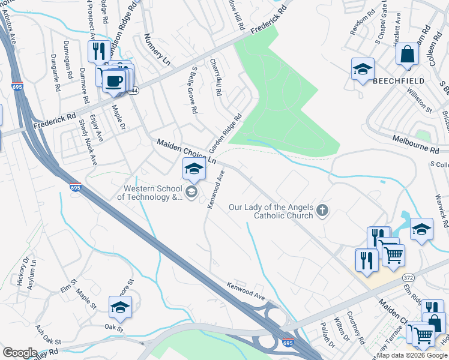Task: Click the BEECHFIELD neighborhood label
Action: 399,80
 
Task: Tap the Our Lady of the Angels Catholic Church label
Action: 271,212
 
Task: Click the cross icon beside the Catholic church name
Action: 322,209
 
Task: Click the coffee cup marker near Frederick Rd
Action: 113,80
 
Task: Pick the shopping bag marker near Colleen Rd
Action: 407,55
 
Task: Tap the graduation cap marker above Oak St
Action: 121,308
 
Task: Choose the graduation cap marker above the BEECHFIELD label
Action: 363,69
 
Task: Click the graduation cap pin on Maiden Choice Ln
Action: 194,169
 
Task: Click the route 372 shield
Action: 408,278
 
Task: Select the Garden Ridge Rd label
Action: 224,133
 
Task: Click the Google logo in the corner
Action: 20,353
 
